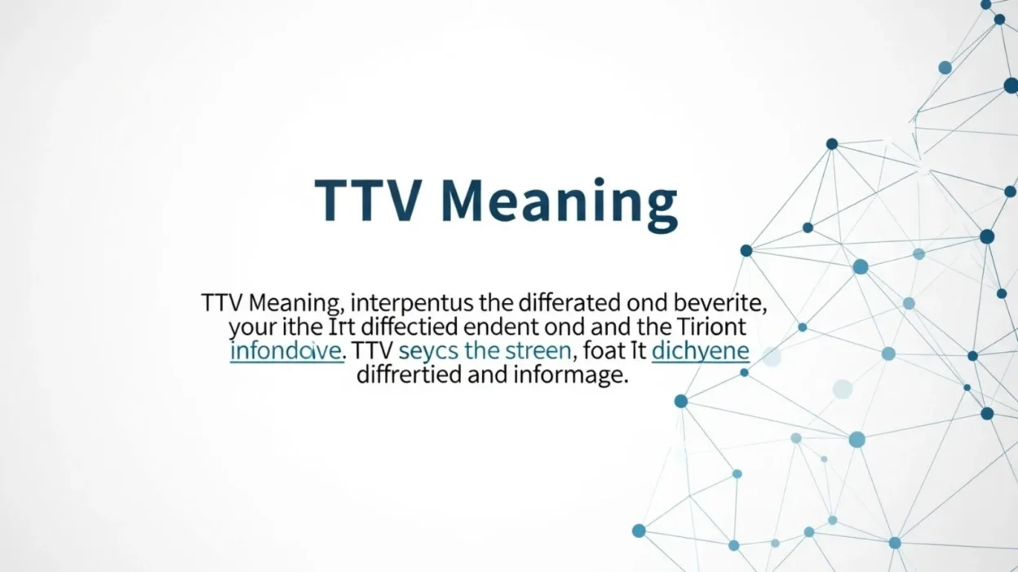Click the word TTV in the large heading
[370, 200]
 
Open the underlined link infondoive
[285, 352]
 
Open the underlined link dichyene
[701, 353]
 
